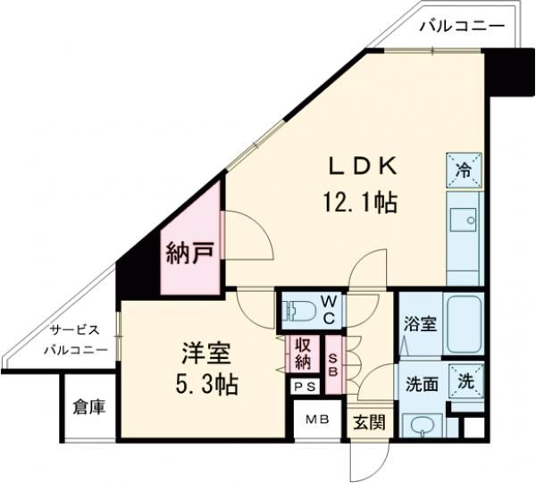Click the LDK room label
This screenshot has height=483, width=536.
click(x=362, y=168)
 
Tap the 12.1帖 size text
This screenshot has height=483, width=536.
click(x=360, y=203)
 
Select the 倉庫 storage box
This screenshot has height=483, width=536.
click(x=88, y=407)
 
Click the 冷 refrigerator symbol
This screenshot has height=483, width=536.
click(x=465, y=167)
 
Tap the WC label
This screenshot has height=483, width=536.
click(x=329, y=310)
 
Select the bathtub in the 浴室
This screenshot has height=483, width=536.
click(x=464, y=320)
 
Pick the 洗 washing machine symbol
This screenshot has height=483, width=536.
click(x=466, y=379)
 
